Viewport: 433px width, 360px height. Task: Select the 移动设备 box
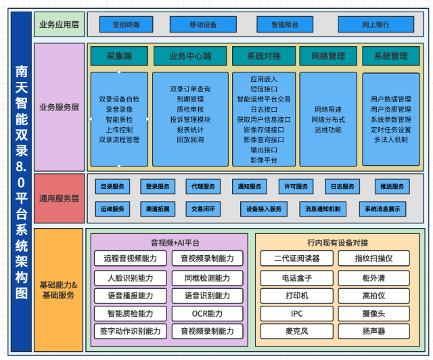click(x=203, y=25)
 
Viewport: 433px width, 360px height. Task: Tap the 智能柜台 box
click(x=285, y=25)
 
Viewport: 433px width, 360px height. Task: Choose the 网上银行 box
click(x=375, y=25)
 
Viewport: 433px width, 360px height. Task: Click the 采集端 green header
click(x=120, y=55)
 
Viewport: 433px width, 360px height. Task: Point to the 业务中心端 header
click(x=189, y=55)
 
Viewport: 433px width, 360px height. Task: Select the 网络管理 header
click(x=327, y=55)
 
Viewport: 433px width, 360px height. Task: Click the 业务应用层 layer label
click(x=59, y=25)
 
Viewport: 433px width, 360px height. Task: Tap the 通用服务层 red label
click(x=59, y=198)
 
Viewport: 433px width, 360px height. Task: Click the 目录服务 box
click(x=112, y=187)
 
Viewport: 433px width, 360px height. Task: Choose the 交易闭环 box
click(x=203, y=209)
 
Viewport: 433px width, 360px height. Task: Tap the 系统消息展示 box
click(x=383, y=209)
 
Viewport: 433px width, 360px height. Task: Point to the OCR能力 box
click(x=207, y=313)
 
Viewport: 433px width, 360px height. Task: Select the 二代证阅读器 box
click(x=296, y=258)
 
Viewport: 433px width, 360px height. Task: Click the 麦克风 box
click(x=296, y=332)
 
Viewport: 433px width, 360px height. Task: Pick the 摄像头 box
click(x=373, y=313)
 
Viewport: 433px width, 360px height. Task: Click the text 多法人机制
click(x=390, y=139)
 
